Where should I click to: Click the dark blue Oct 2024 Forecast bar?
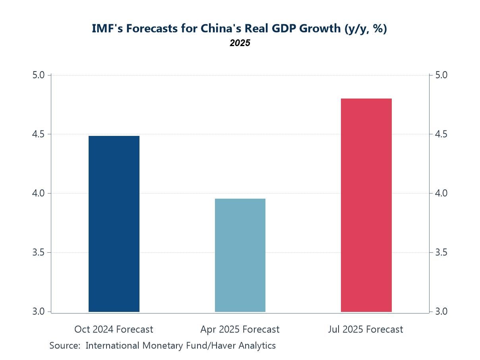coord(114,224)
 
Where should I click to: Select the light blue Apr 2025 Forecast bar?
coord(240,255)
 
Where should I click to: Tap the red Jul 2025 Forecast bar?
coord(366,205)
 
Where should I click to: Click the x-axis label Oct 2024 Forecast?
coord(114,329)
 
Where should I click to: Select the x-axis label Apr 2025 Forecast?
coord(240,329)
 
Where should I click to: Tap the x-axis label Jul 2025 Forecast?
coord(366,329)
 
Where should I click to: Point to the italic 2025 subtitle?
coord(240,43)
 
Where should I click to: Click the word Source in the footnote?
coord(65,346)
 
